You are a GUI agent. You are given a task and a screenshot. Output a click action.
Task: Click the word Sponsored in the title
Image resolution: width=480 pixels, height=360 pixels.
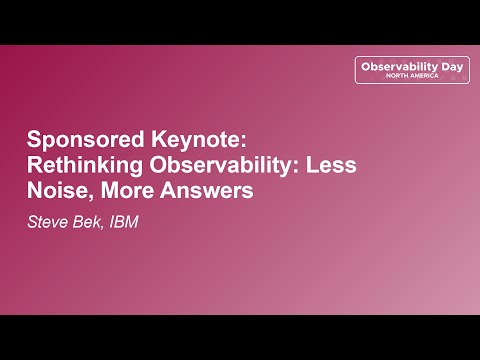[x=74, y=139]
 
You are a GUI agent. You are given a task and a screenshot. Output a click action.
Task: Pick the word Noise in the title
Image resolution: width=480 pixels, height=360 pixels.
[x=56, y=190]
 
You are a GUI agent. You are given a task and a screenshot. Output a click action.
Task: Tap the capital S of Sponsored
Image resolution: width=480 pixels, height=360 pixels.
[x=33, y=139]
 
